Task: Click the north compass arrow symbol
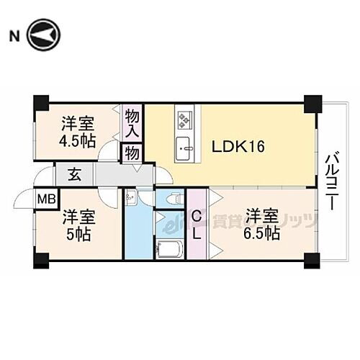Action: coord(44,35)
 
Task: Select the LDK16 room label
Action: coord(238,147)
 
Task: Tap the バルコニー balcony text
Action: coord(333,181)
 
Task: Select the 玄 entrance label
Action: coord(74,174)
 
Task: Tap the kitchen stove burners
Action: coord(184,118)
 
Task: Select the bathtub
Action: coord(170,248)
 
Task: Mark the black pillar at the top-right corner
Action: coord(312,104)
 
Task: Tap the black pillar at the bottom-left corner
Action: coord(40,259)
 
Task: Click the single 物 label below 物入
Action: coord(133,152)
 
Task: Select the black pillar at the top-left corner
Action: coord(41,103)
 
